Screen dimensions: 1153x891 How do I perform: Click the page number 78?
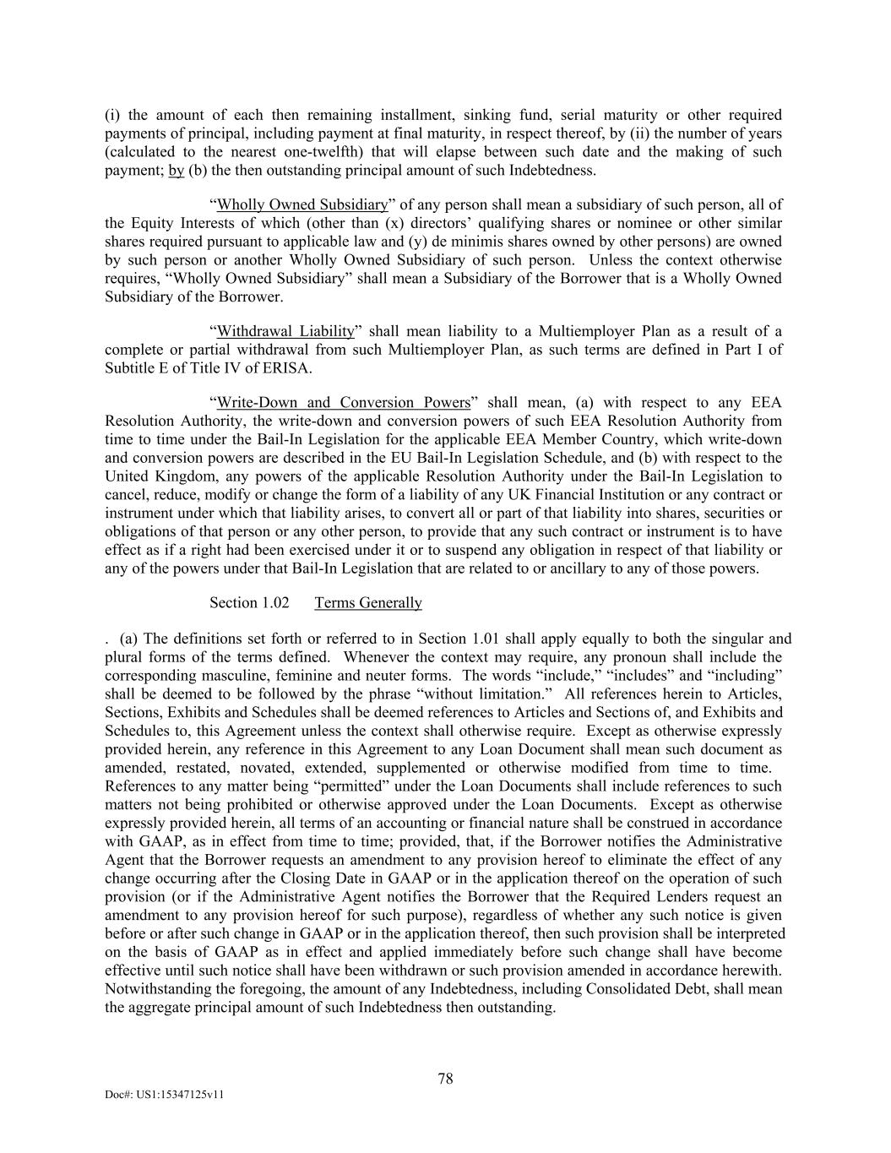[x=445, y=1079]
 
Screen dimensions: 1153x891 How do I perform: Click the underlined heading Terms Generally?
[x=368, y=602]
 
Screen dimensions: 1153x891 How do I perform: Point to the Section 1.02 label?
[x=249, y=602]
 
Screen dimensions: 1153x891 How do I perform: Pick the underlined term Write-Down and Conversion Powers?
[x=343, y=403]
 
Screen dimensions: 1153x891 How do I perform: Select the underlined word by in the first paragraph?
[x=177, y=171]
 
